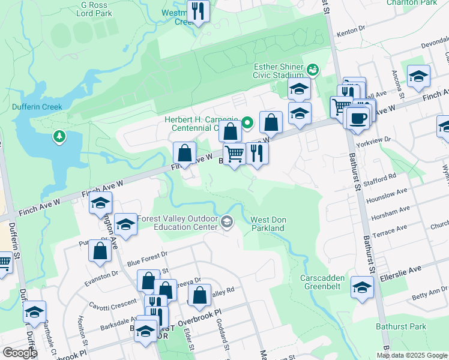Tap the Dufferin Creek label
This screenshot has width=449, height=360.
37,107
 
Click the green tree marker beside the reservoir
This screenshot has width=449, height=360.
59,137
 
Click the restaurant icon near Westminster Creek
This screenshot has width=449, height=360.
197,11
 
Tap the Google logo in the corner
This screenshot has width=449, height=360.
20,353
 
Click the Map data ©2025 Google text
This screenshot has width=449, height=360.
411,355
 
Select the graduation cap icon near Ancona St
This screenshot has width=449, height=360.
418,76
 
